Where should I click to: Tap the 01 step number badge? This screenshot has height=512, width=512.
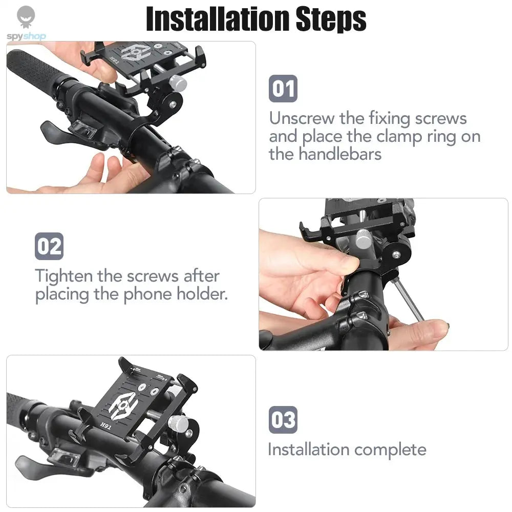point(283,89)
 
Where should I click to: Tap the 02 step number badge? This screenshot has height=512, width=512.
point(49,246)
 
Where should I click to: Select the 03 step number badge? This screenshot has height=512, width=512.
point(283,420)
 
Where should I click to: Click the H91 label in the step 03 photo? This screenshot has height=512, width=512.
point(106,425)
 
